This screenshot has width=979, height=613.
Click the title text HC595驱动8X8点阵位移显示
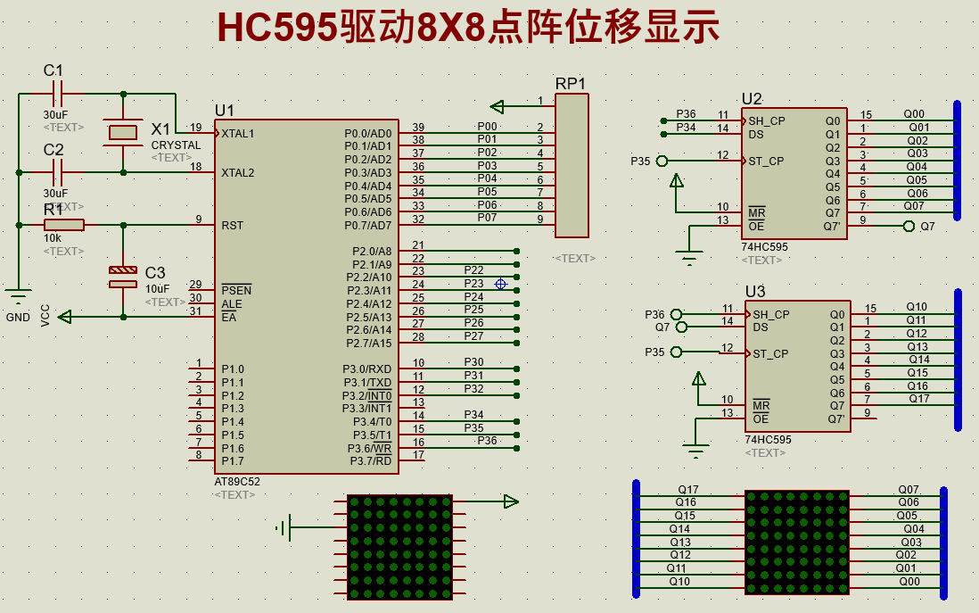pos(468,29)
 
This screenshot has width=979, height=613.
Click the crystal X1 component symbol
pos(122,133)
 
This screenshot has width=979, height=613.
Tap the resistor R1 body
pos(63,225)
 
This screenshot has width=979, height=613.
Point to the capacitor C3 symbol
pos(122,277)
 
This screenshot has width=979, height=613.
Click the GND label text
pos(18,318)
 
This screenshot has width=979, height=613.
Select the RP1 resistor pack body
pos(572,165)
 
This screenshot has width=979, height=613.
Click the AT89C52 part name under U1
pos(237,481)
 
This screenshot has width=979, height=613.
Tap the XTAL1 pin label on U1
pos(238,134)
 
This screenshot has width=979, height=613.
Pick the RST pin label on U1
pos(232,226)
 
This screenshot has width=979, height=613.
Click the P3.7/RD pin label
pos(370,460)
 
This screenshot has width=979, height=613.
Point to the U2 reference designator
pos(752,99)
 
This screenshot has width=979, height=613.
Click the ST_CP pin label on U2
pos(766,162)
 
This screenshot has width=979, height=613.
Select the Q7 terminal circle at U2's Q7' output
pos(909,227)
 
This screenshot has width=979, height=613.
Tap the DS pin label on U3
pos(760,327)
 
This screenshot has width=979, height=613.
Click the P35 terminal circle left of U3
pos(677,352)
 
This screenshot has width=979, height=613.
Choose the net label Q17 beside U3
pos(918,399)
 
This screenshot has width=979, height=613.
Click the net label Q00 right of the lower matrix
pos(909,581)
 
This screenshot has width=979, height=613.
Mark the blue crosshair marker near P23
pos(500,284)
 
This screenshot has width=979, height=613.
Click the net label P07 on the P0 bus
pos(487,217)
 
